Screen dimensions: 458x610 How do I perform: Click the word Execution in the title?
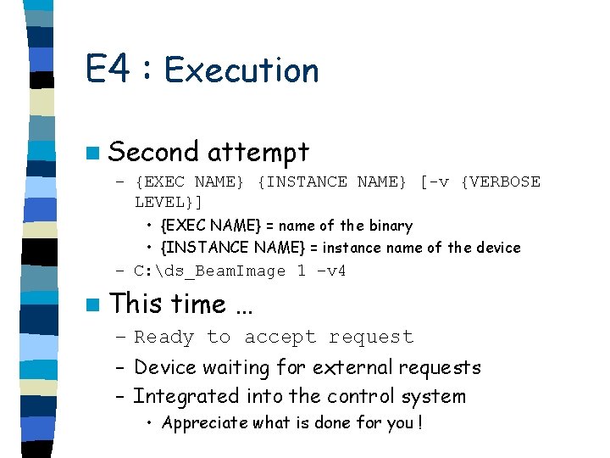tap(241, 70)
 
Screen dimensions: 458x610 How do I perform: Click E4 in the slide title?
tap(108, 70)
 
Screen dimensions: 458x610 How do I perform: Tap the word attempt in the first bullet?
tap(258, 152)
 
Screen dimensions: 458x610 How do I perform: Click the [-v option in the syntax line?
tap(435, 182)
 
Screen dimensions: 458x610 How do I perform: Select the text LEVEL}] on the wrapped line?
tap(169, 203)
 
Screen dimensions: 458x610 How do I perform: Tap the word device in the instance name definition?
tap(497, 248)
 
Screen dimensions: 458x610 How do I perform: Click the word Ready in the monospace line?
tap(164, 338)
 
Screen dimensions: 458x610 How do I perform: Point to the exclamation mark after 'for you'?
tap(419, 422)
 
